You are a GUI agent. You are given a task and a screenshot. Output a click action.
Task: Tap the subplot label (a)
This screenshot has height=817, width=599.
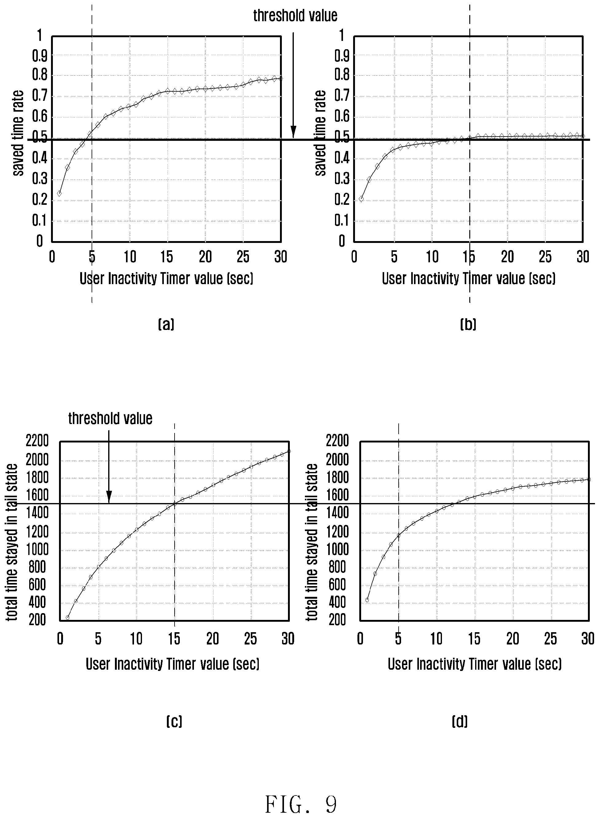click(x=166, y=324)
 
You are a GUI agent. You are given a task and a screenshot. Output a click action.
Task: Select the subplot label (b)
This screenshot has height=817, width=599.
click(x=468, y=324)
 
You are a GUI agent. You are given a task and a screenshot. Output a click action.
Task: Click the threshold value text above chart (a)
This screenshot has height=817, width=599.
click(x=295, y=16)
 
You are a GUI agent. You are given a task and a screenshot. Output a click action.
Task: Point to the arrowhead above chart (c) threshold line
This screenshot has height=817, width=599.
click(x=109, y=497)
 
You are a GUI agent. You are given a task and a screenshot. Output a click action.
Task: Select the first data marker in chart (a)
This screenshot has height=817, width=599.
click(x=59, y=193)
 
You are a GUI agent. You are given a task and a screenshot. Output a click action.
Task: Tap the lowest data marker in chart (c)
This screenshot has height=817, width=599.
click(x=67, y=617)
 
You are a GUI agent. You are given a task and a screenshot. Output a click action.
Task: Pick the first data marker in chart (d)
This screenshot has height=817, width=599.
click(x=367, y=600)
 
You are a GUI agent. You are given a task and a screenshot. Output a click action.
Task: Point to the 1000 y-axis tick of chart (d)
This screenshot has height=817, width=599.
click(x=337, y=549)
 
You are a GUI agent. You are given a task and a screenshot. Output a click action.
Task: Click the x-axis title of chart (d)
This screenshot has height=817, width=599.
click(x=475, y=664)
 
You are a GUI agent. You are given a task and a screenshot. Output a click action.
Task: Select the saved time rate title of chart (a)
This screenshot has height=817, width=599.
click(x=18, y=133)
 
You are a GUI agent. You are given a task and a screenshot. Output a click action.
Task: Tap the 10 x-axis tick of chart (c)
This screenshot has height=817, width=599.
click(x=136, y=639)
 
